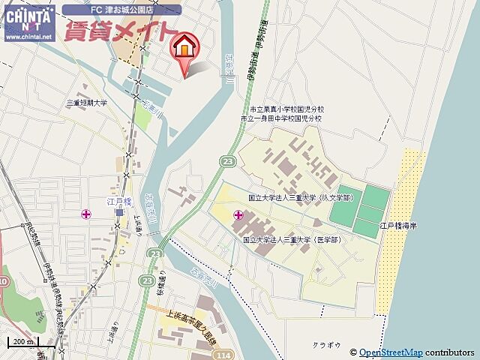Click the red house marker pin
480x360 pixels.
click(183, 48)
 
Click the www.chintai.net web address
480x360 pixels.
click(28, 35)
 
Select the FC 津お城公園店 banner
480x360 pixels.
click(121, 10)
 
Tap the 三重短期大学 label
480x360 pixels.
click(87, 103)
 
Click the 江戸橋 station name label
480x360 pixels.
click(118, 202)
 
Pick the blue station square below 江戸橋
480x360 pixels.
click(118, 212)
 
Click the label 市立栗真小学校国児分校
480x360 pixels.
click(281, 109)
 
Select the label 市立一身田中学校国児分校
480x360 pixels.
click(281, 118)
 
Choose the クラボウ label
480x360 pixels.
click(327, 345)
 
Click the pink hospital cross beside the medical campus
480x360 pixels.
click(238, 216)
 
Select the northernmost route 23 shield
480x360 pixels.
click(226, 161)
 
